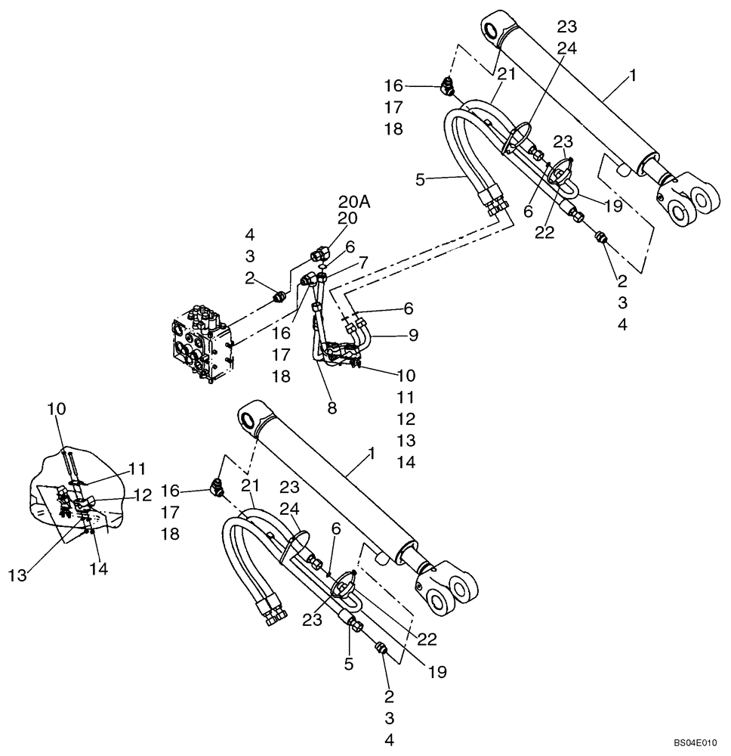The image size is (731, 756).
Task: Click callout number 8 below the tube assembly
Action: pyautogui.click(x=332, y=408)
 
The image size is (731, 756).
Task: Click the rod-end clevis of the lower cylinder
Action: pyautogui.click(x=451, y=589)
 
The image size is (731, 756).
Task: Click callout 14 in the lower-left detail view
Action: pyautogui.click(x=99, y=569)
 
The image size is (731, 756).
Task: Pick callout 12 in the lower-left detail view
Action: pyautogui.click(x=142, y=495)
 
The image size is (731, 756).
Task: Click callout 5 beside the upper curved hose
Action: pyautogui.click(x=420, y=181)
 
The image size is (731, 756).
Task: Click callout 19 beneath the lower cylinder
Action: pyautogui.click(x=436, y=671)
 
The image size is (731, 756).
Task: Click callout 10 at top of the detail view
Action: pyautogui.click(x=57, y=409)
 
